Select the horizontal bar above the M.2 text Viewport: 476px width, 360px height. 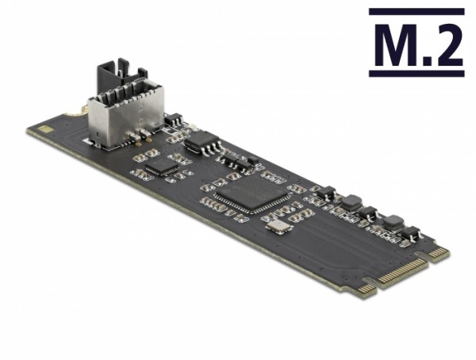(416, 12)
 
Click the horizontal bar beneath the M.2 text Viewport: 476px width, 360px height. (416, 74)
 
